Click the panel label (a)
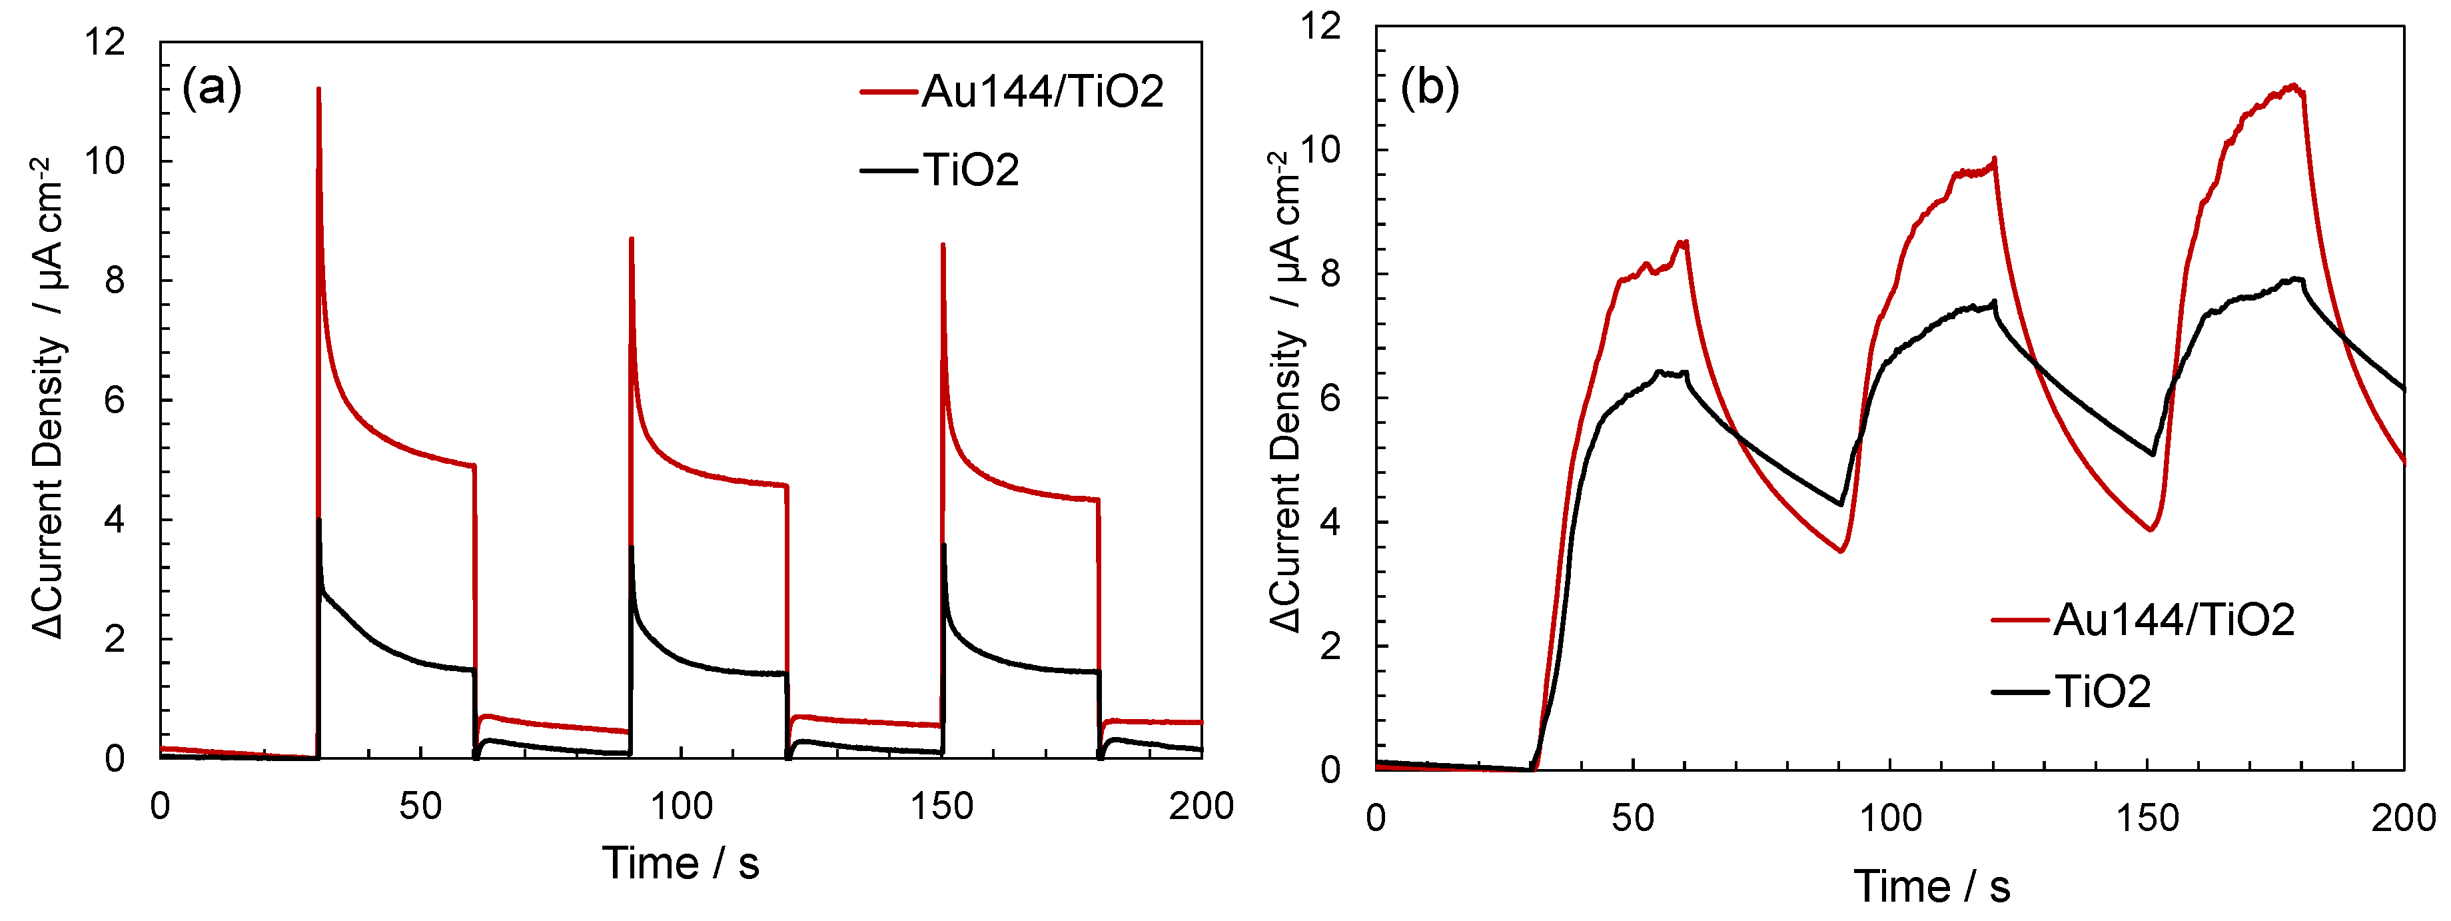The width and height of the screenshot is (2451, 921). pyautogui.click(x=211, y=89)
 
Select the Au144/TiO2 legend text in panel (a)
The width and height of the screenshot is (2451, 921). pyautogui.click(x=1042, y=92)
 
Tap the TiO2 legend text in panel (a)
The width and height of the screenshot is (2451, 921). pyautogui.click(x=971, y=171)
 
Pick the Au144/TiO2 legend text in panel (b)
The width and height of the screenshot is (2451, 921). pyautogui.click(x=2173, y=619)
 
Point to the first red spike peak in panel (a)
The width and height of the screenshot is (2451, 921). pyautogui.click(x=318, y=89)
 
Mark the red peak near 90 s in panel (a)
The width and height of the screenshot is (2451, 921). pyautogui.click(x=631, y=239)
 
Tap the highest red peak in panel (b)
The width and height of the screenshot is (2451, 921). pyautogui.click(x=2294, y=85)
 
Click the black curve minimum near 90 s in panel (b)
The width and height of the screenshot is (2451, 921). pyautogui.click(x=1842, y=504)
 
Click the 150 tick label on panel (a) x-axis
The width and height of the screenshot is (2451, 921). pyautogui.click(x=942, y=807)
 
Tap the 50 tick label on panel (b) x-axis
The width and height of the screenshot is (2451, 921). pyautogui.click(x=1633, y=818)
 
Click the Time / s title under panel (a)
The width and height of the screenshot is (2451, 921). pyautogui.click(x=682, y=864)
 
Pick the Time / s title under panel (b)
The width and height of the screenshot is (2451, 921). pyautogui.click(x=1931, y=887)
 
